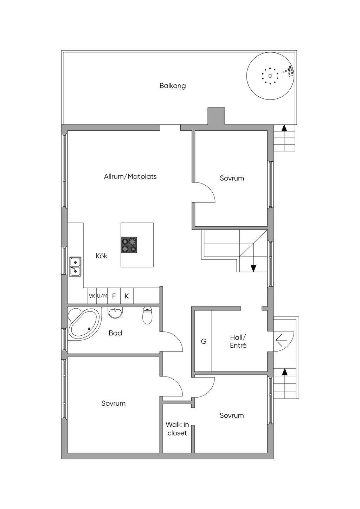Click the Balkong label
(173, 86)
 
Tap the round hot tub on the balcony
(270, 76)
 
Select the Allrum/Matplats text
(130, 176)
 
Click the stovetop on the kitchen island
(129, 245)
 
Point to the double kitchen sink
(75, 267)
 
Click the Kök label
(102, 256)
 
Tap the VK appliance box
(92, 296)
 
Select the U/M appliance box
(102, 296)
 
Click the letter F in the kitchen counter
(114, 296)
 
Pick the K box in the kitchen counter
(127, 296)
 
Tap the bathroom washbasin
(115, 313)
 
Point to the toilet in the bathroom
(147, 315)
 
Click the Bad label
(115, 333)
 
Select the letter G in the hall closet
(204, 341)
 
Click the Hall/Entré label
(238, 341)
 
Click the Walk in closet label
(177, 429)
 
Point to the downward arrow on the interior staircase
(253, 268)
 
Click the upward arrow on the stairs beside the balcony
(284, 128)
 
